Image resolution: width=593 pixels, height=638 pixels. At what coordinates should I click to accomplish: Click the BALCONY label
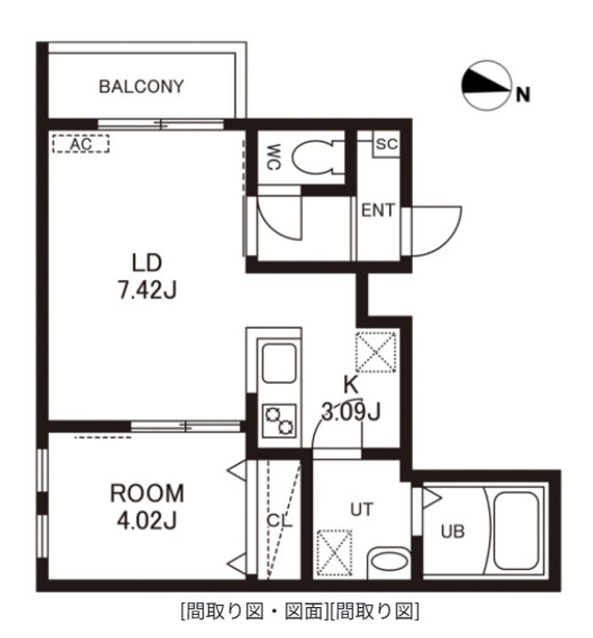pyautogui.click(x=141, y=87)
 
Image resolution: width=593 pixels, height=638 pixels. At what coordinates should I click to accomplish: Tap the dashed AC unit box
pyautogui.click(x=81, y=144)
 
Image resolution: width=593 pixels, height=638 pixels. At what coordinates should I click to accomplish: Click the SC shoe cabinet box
pyautogui.click(x=386, y=144)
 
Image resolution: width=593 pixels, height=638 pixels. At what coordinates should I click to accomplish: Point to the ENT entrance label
pyautogui.click(x=378, y=210)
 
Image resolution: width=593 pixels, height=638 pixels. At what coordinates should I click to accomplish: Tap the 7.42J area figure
pyautogui.click(x=147, y=291)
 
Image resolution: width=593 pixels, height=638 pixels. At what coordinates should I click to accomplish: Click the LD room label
pyautogui.click(x=147, y=263)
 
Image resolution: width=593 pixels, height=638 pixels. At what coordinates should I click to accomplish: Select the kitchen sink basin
pyautogui.click(x=279, y=363)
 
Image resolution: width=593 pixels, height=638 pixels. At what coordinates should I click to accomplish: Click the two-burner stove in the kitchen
pyautogui.click(x=279, y=421)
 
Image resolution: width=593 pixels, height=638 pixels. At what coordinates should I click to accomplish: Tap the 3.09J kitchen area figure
pyautogui.click(x=351, y=412)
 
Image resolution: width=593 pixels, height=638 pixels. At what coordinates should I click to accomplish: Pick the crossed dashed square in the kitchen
pyautogui.click(x=376, y=352)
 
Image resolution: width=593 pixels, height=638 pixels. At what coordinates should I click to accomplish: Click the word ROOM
pyautogui.click(x=147, y=494)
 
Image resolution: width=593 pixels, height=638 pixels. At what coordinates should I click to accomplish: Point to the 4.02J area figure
pyautogui.click(x=147, y=520)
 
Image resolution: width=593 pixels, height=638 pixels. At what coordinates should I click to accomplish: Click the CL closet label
pyautogui.click(x=279, y=521)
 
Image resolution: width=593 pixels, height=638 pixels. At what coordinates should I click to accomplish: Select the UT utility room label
pyautogui.click(x=362, y=510)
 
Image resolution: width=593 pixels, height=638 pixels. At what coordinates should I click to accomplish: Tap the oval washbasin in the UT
pyautogui.click(x=389, y=563)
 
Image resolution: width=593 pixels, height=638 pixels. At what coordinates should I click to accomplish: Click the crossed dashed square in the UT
pyautogui.click(x=334, y=553)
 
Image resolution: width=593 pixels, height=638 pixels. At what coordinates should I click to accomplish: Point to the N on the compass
pyautogui.click(x=523, y=95)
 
